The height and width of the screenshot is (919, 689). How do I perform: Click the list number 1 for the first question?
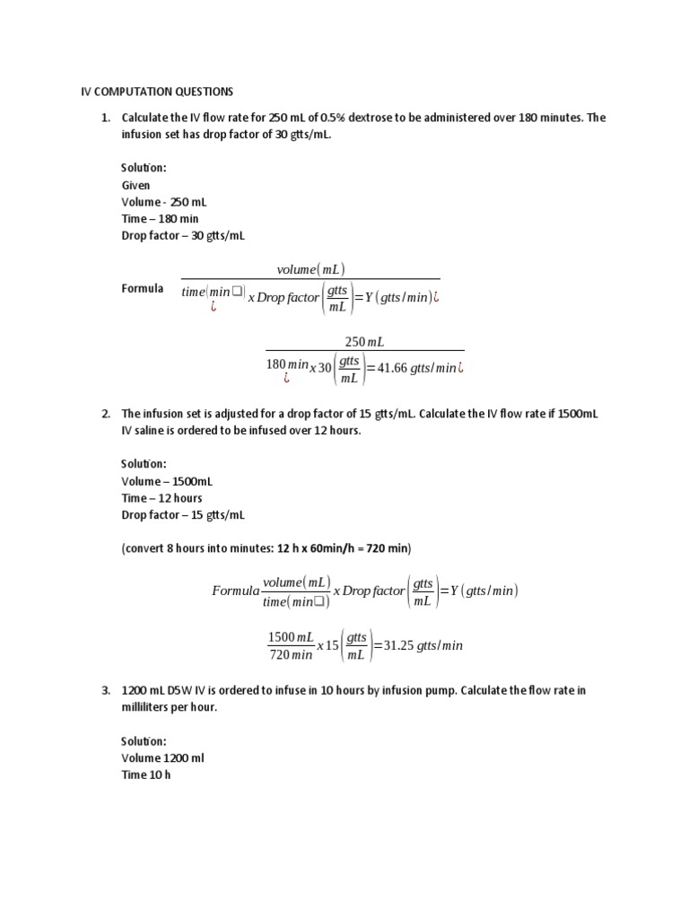point(104,118)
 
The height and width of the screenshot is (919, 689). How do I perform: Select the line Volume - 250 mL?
point(164,202)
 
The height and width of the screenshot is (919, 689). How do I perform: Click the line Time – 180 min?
point(161,219)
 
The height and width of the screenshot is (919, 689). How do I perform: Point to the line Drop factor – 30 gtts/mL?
point(183,236)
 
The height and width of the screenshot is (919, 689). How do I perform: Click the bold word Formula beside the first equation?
point(143,288)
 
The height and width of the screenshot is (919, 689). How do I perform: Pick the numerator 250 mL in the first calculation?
point(364,341)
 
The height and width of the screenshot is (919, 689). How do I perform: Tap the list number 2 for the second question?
point(104,414)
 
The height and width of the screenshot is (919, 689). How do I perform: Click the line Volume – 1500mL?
point(167,481)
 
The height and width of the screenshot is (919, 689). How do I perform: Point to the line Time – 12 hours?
point(162,498)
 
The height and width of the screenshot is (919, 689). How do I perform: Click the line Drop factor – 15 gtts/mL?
point(183,515)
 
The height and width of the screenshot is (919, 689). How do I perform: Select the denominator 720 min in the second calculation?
point(290,655)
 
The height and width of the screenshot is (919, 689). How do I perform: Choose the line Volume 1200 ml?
point(163,758)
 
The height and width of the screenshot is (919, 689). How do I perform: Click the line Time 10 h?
point(145,775)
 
